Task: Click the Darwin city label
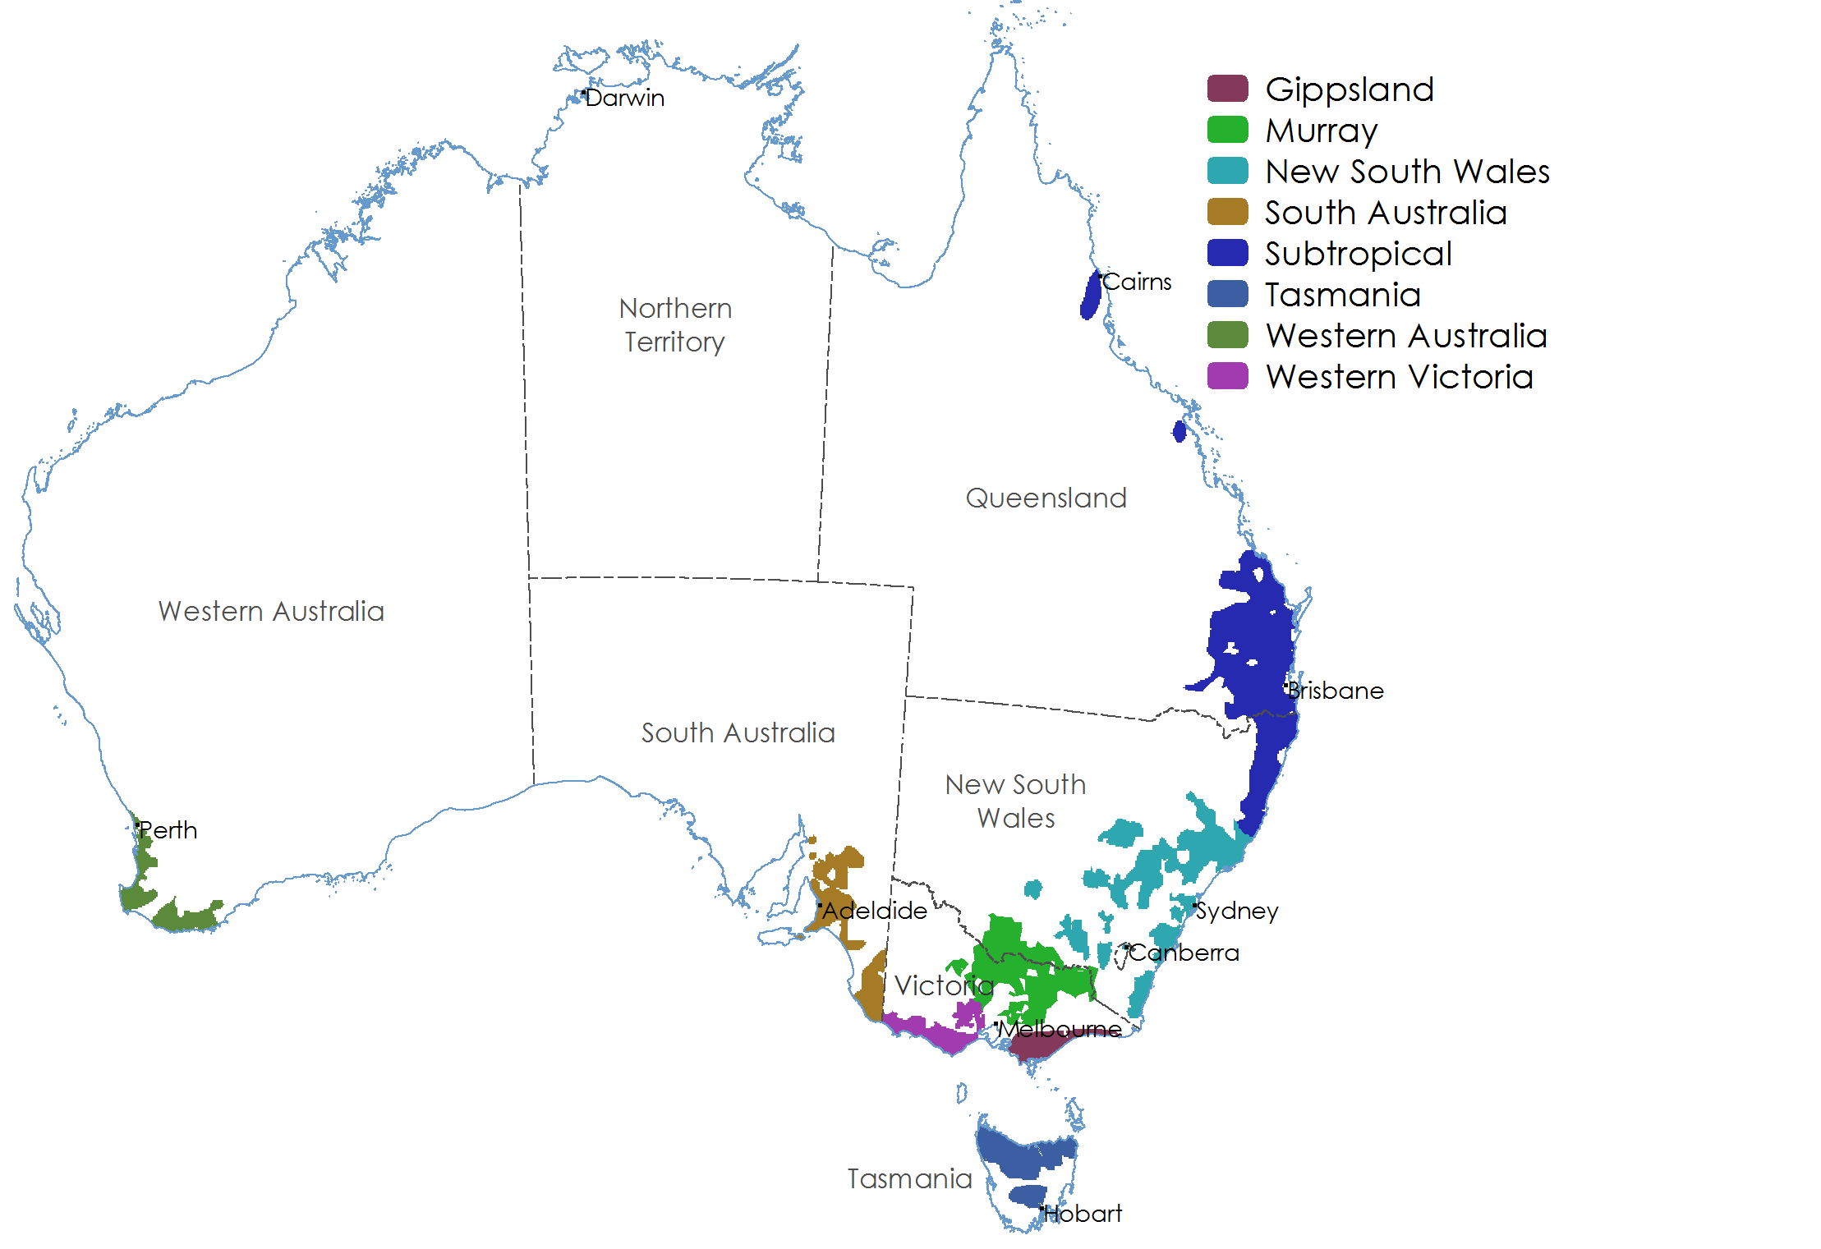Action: click(x=624, y=98)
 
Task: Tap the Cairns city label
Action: click(x=1137, y=282)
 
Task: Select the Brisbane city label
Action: click(x=1336, y=691)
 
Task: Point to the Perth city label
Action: click(x=168, y=830)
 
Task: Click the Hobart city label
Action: click(x=1083, y=1214)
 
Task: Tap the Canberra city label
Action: click(x=1184, y=953)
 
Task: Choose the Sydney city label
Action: click(x=1237, y=911)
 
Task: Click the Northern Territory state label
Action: click(x=675, y=325)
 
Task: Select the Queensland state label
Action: click(x=1046, y=498)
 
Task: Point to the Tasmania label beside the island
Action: click(x=909, y=1179)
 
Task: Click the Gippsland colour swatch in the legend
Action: click(x=1227, y=89)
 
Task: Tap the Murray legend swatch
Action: click(x=1227, y=130)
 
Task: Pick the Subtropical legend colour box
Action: click(x=1227, y=253)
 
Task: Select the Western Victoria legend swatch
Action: click(x=1227, y=376)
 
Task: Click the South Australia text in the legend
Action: click(x=1386, y=213)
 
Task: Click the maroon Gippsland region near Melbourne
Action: click(x=1035, y=1047)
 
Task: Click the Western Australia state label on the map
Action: click(x=271, y=612)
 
